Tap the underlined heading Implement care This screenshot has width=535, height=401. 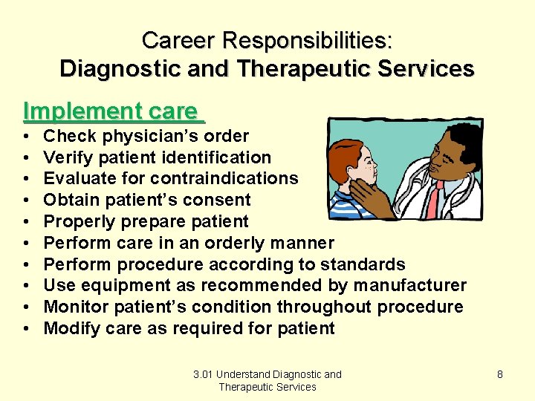pyautogui.click(x=111, y=111)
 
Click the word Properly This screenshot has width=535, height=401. pyautogui.click(x=72, y=221)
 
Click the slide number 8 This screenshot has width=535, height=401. pyautogui.click(x=500, y=374)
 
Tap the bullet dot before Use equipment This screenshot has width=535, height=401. pyautogui.click(x=27, y=286)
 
